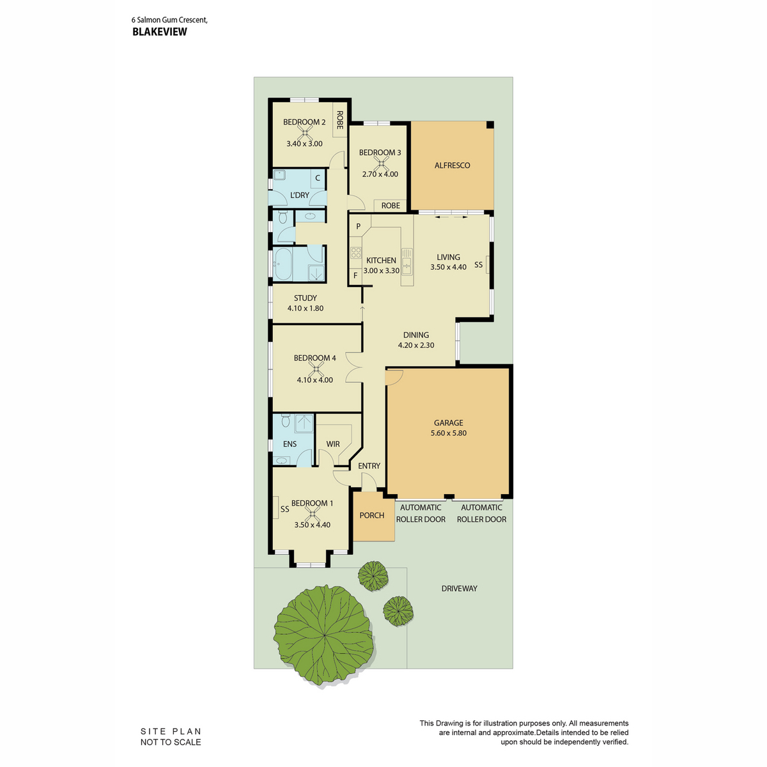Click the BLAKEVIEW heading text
click(159, 32)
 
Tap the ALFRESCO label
click(452, 165)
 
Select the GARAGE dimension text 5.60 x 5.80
click(448, 433)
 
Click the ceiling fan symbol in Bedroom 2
click(304, 132)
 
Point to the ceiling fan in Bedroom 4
click(316, 369)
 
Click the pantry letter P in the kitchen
click(358, 226)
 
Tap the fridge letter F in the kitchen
click(355, 275)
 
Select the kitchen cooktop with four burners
click(356, 252)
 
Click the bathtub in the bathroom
click(283, 264)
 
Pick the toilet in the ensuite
click(285, 421)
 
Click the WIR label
click(333, 444)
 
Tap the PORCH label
click(372, 515)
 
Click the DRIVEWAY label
click(460, 588)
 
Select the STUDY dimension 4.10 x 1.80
click(306, 308)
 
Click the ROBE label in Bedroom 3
click(391, 205)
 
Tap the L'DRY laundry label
click(299, 195)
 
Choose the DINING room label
click(416, 335)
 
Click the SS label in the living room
click(479, 265)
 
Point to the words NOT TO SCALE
click(171, 742)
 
